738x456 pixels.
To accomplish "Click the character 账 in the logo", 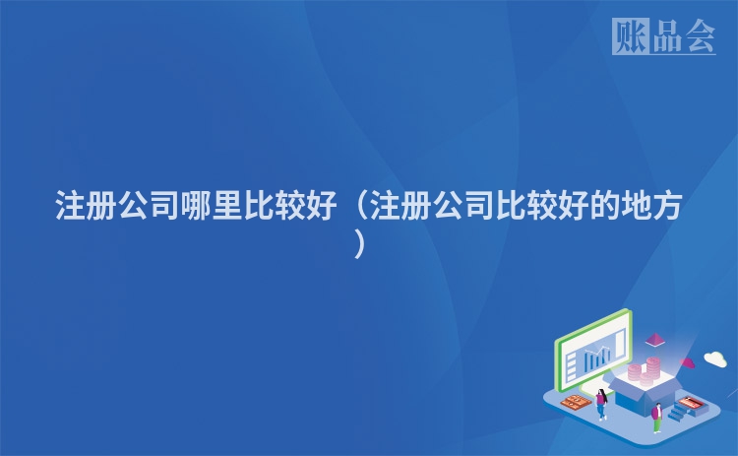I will [631, 36].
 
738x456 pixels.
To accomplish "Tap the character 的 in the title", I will [584, 209].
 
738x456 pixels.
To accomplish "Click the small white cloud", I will [714, 358].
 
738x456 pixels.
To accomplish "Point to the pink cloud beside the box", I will [688, 364].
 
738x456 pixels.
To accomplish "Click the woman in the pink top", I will [600, 403].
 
